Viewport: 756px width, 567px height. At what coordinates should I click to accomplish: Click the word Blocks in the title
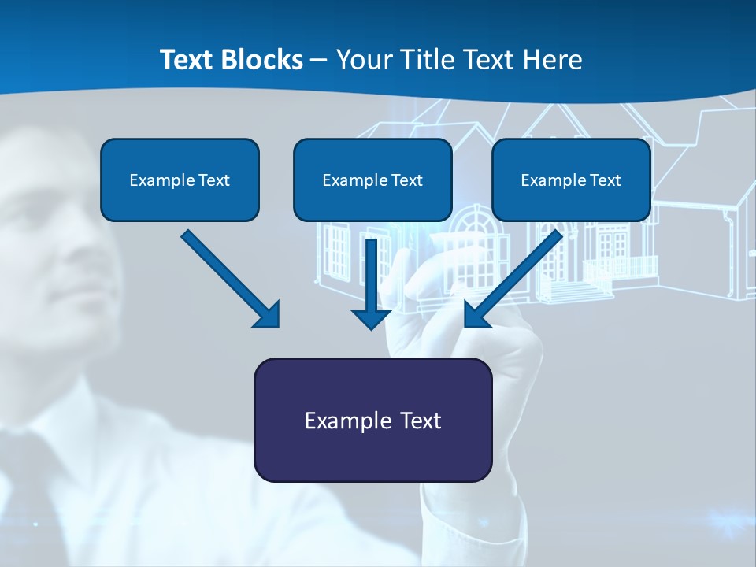point(265,60)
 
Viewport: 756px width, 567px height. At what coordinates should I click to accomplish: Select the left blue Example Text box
point(180,180)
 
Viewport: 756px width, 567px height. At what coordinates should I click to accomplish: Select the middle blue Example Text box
point(372,180)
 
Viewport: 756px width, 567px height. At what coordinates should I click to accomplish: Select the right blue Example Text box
point(571,180)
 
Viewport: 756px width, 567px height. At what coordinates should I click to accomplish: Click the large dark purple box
point(372,420)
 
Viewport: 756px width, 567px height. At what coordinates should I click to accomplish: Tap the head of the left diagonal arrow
point(268,315)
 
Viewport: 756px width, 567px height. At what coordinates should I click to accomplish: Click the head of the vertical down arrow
point(372,318)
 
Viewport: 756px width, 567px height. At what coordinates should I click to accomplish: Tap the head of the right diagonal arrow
point(476,315)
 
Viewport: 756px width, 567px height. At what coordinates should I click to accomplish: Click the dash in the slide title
point(319,60)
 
